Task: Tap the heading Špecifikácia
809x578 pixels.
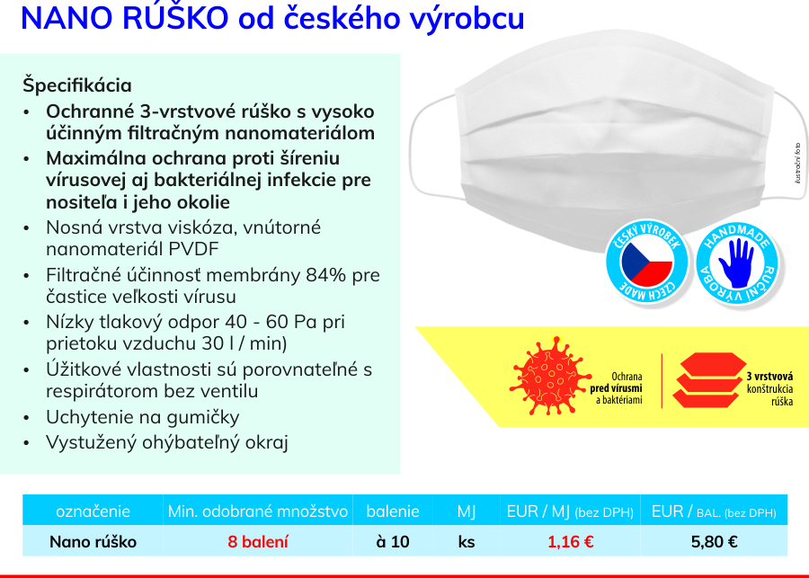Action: click(x=77, y=85)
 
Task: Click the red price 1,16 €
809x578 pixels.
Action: click(x=570, y=542)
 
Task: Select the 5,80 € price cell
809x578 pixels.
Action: click(x=714, y=542)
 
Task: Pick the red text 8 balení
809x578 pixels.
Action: click(x=258, y=542)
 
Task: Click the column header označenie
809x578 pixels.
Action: click(x=93, y=511)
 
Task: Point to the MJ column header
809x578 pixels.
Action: click(x=467, y=511)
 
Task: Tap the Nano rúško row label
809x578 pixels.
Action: click(x=93, y=542)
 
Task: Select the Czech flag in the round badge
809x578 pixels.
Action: click(x=647, y=263)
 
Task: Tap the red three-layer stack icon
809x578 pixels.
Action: click(x=709, y=380)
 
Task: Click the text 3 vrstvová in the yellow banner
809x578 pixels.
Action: click(x=769, y=377)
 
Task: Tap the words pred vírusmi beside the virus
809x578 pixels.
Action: click(x=616, y=388)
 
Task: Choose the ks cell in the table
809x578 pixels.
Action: click(x=467, y=542)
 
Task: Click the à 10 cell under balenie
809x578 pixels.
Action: click(x=393, y=542)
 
